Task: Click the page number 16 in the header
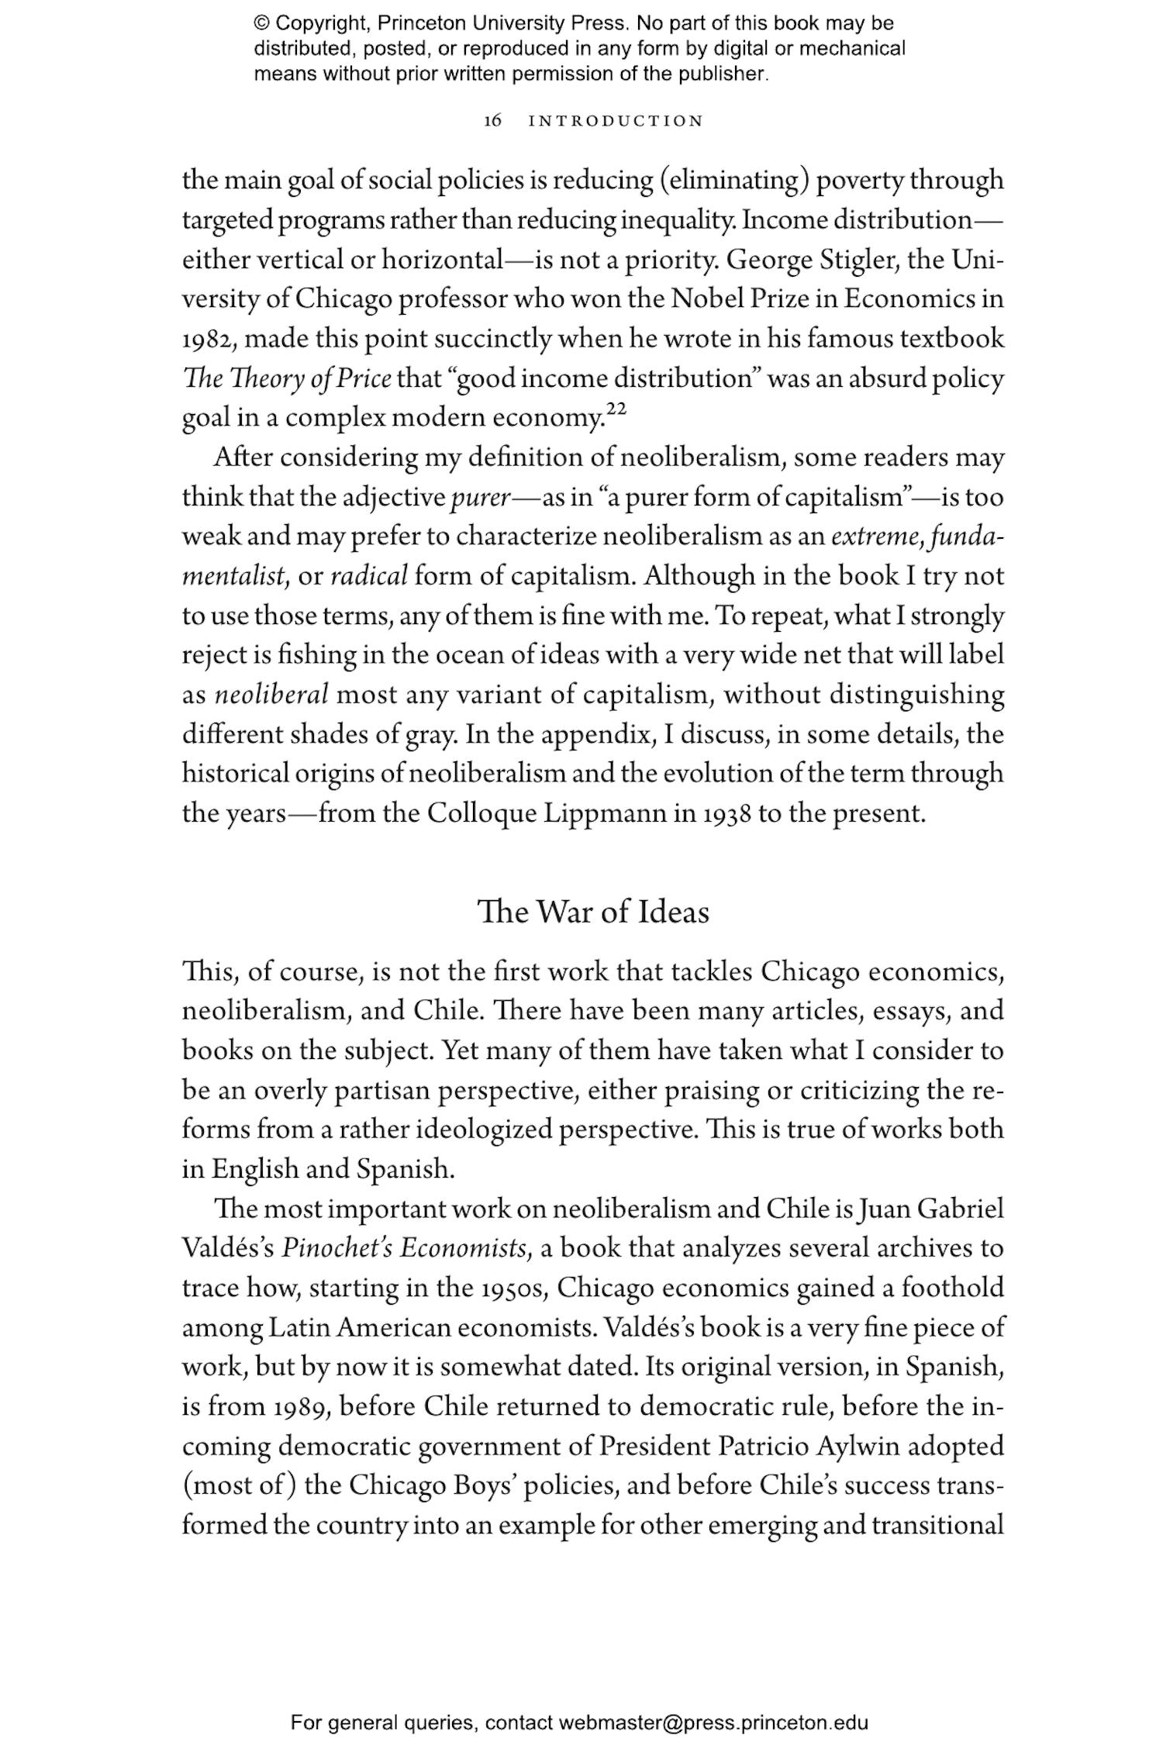coord(492,121)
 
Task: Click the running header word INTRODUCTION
coord(616,121)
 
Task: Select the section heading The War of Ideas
coord(593,912)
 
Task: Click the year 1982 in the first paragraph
coord(209,340)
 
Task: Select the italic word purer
coord(479,498)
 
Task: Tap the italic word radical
coord(369,577)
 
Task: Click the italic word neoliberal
coord(271,695)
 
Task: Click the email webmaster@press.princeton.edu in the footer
coord(713,1723)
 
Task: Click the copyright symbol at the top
coord(262,23)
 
